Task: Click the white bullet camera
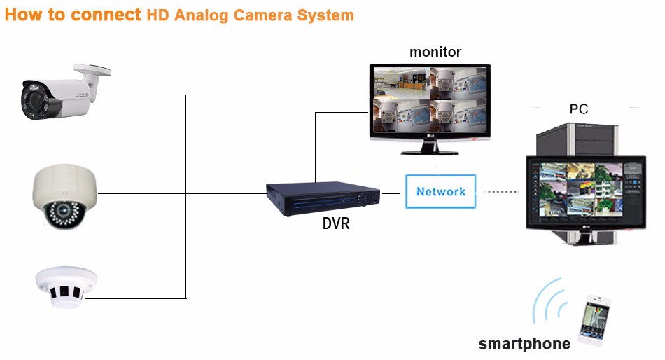[x=64, y=93]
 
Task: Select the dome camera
[x=65, y=197]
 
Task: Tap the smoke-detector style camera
[x=66, y=286]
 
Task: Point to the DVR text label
[x=336, y=223]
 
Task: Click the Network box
[x=440, y=191]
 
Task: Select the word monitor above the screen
[x=435, y=52]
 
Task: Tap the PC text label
[x=579, y=109]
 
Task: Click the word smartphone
[x=524, y=344]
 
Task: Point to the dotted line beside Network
[x=502, y=191]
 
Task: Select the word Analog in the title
[x=202, y=15]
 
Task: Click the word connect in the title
[x=106, y=15]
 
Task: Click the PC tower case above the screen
[x=577, y=139]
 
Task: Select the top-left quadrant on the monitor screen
[x=401, y=83]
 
